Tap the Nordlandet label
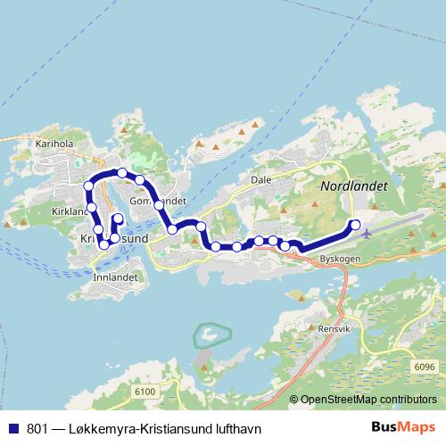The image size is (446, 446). click(353, 186)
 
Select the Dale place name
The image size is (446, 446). click(260, 178)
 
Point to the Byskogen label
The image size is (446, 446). click(339, 258)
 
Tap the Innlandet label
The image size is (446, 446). click(113, 277)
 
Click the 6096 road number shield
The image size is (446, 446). click(425, 367)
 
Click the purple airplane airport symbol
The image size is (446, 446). click(368, 233)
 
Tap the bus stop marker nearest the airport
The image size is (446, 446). click(355, 225)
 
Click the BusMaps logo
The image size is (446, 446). click(405, 428)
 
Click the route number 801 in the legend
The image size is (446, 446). click(38, 429)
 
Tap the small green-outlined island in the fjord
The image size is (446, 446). click(211, 336)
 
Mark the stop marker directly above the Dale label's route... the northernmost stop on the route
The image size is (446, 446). click(121, 172)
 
